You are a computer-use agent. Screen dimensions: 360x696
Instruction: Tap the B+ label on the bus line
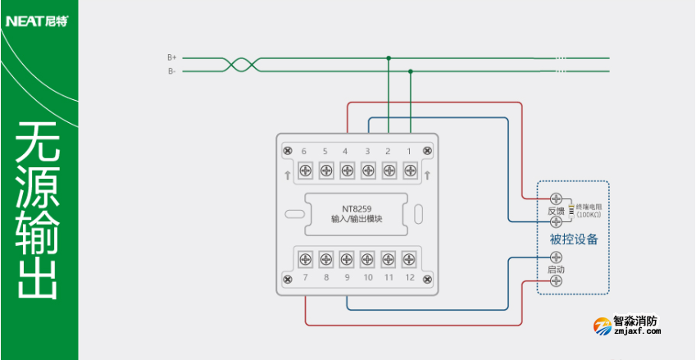coord(172,57)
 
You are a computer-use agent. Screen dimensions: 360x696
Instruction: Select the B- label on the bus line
coord(172,71)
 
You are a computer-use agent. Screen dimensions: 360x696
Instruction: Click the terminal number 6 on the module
coord(303,151)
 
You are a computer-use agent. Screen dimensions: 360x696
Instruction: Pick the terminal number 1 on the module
coord(408,151)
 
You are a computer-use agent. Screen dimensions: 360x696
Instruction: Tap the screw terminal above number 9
coord(347,259)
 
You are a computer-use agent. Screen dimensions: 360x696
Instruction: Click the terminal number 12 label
coord(409,278)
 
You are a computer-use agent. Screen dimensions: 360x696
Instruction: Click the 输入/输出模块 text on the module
coord(357,219)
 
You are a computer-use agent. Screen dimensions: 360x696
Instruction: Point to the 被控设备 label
coord(573,239)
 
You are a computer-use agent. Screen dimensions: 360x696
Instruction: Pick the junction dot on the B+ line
coord(389,57)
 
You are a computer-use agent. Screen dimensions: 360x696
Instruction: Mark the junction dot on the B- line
coord(410,71)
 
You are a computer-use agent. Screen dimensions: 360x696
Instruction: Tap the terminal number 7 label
coord(305,278)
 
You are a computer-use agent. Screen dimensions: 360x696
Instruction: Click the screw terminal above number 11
coord(389,259)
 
